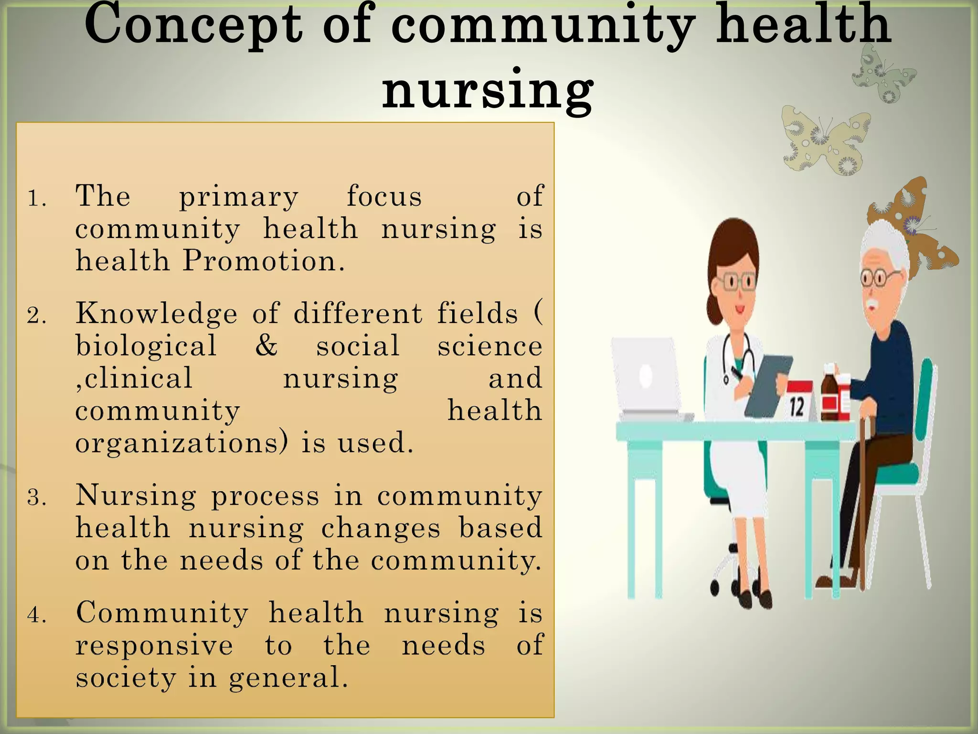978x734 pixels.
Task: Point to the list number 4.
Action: point(36,615)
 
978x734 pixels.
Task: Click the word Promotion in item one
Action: point(264,262)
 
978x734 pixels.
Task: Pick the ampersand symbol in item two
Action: point(266,345)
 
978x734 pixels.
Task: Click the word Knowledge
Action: point(156,314)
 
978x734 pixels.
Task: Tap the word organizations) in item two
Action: point(181,443)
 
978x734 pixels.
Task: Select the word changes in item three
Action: point(381,529)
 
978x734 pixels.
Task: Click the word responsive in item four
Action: point(154,646)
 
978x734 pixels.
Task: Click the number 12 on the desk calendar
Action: point(797,408)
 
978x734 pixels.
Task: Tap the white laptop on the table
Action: point(647,378)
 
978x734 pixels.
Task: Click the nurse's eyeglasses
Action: point(738,282)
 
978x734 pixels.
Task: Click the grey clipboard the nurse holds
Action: point(766,386)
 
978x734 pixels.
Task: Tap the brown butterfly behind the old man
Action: point(914,225)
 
